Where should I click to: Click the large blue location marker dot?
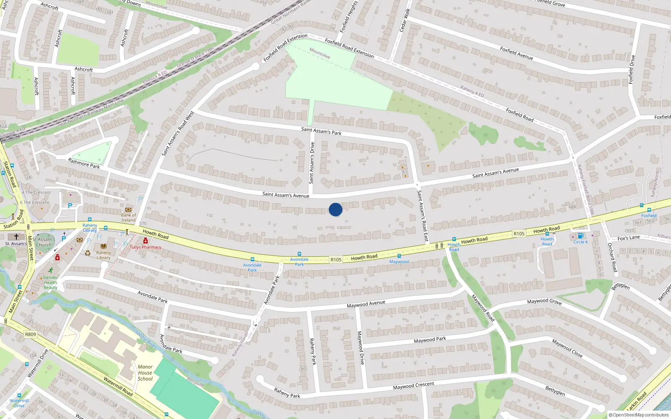tap(335, 209)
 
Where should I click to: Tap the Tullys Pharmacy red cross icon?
tap(146, 241)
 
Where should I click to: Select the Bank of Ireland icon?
tap(128, 209)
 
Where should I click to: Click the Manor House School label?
tap(145, 372)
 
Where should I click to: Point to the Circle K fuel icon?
tap(580, 236)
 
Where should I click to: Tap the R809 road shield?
tap(31, 334)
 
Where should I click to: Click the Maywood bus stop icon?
tap(399, 256)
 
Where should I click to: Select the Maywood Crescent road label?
tap(414, 386)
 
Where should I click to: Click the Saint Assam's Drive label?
tap(312, 163)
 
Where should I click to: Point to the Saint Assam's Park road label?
tap(321, 131)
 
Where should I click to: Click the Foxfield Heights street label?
tap(349, 17)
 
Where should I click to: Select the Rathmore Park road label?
tap(84, 163)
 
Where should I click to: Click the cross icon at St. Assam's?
tap(16, 237)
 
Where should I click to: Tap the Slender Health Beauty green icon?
tap(50, 270)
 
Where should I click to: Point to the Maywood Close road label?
tap(567, 348)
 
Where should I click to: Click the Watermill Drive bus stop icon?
tap(19, 396)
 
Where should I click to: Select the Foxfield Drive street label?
tap(632, 70)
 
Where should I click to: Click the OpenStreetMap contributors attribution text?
tap(639, 415)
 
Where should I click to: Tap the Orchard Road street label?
tap(612, 257)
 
